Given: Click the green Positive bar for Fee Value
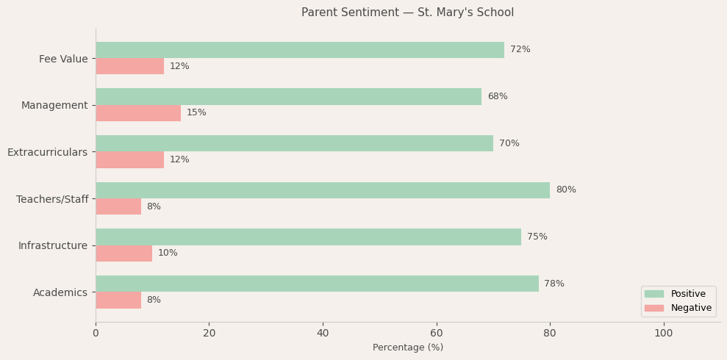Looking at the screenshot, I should click(300, 50).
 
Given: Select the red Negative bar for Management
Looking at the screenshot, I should click(138, 113).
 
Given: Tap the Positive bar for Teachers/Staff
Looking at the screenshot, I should click(323, 190).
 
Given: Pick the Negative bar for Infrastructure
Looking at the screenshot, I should click(123, 253).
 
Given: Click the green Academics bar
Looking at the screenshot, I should click(317, 284).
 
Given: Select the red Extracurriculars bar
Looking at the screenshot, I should click(129, 160).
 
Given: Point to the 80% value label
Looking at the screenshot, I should click(566, 190).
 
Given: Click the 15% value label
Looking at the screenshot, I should click(196, 113).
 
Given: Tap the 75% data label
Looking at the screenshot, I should click(537, 237).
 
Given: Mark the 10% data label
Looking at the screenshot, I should click(168, 253).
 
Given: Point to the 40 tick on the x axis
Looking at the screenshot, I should click(323, 334).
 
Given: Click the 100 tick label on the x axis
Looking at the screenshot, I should click(664, 334).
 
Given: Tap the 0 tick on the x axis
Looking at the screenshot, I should click(96, 334).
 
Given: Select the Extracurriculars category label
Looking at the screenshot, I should click(47, 153).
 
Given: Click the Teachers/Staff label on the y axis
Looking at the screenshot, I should click(52, 200).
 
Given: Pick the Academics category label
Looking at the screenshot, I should click(60, 293).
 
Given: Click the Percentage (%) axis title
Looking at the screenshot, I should click(408, 348).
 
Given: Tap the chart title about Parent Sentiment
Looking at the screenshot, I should click(408, 12).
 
